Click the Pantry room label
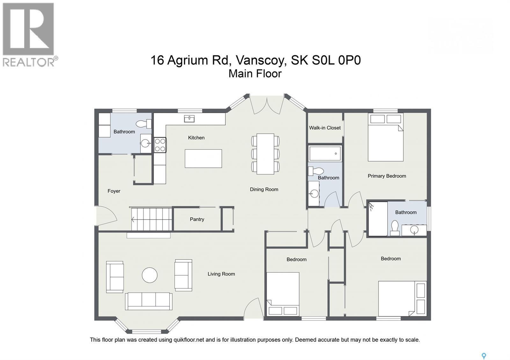(197, 219)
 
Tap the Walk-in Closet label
(325, 128)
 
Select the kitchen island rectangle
(203, 158)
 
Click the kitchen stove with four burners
(160, 145)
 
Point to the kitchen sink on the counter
(189, 119)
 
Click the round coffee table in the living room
(149, 275)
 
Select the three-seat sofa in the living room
(149, 301)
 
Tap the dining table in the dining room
(265, 154)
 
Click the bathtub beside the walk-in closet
(325, 154)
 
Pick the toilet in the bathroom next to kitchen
(144, 123)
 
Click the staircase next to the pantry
(151, 219)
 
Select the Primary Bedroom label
(387, 176)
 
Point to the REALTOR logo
(29, 34)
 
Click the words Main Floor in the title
(255, 74)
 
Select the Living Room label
(221, 274)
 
